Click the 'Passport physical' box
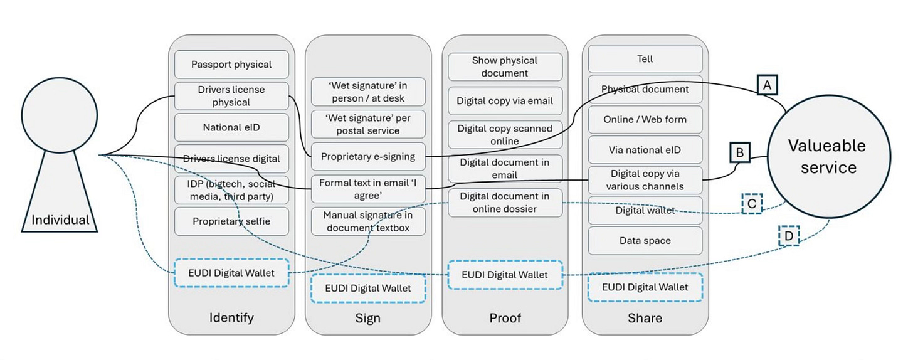231,65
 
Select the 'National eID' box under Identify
231,127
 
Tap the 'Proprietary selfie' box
231,221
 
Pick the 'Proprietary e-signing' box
367,157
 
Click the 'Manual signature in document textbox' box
367,221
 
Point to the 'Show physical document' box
505,67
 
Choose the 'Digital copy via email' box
505,100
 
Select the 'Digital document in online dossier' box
505,203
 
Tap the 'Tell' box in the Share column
645,59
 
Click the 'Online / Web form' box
645,119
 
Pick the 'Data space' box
645,241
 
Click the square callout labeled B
739,152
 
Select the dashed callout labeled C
752,204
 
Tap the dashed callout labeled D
789,235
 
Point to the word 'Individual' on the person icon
61,220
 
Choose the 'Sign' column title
367,318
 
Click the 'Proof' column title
505,318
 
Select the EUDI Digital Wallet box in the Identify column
231,273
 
